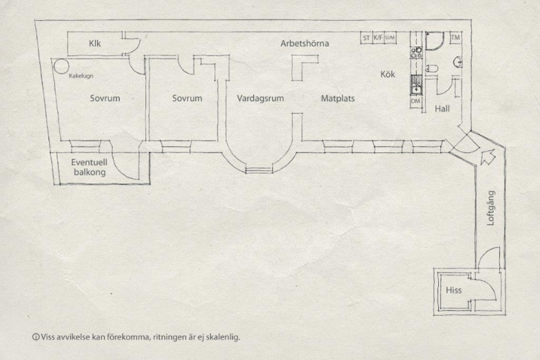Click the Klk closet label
point(95,44)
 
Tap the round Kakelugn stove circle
point(62,66)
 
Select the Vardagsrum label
point(260,98)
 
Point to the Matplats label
point(338,98)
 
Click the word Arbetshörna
point(305,44)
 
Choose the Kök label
point(388,74)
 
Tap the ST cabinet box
point(366,37)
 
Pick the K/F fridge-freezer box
point(378,37)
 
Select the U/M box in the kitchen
point(390,37)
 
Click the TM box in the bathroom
point(456,37)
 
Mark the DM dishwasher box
point(415,101)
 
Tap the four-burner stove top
point(416,53)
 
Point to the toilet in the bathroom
point(431,69)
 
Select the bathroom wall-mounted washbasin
point(458,62)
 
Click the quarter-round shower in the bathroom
point(435,41)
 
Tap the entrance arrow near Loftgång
point(487,156)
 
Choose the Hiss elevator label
point(453,290)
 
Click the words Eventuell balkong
point(89,167)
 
